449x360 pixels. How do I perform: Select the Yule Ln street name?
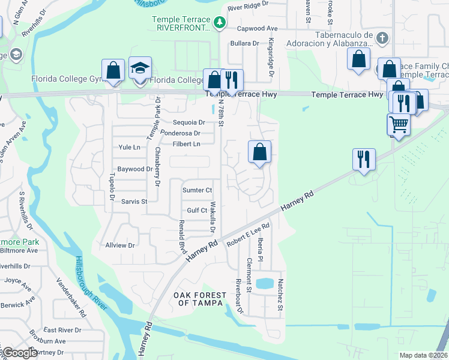(130, 147)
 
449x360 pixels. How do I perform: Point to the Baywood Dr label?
(134, 169)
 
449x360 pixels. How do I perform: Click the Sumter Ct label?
(197, 190)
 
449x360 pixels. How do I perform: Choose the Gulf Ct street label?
(197, 211)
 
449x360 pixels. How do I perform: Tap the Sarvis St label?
(134, 202)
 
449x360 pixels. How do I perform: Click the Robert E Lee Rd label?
(248, 235)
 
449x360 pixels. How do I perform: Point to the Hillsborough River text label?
(91, 283)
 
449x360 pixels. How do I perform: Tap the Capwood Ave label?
(258, 28)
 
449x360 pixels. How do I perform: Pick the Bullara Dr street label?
(243, 43)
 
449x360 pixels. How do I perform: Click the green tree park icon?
(220, 23)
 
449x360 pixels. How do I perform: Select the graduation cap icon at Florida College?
(140, 68)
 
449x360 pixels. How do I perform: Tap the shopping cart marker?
(398, 125)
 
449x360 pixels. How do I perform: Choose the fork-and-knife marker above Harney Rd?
(364, 159)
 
